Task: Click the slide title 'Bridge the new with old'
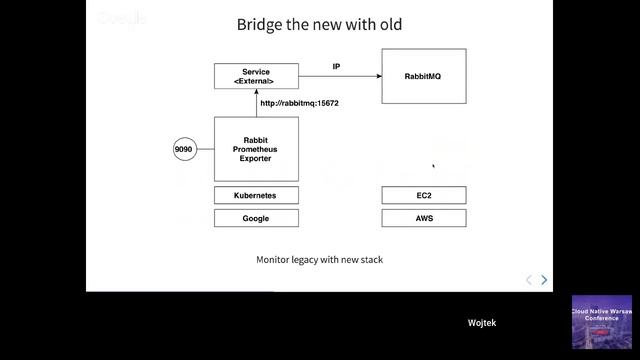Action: (x=319, y=24)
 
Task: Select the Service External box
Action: (x=256, y=76)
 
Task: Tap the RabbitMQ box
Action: (x=424, y=76)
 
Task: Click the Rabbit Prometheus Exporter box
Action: (x=256, y=149)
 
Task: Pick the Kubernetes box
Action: (x=256, y=194)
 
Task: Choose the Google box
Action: (x=256, y=217)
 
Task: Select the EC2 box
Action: (x=424, y=194)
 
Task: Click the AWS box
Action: (x=424, y=217)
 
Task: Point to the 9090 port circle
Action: (x=183, y=149)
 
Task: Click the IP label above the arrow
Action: (x=337, y=66)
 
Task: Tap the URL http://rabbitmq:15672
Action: (x=300, y=103)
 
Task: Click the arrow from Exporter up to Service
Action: (x=256, y=102)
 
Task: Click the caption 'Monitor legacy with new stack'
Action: (x=319, y=260)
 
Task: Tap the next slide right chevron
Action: (x=544, y=280)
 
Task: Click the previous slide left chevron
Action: (x=529, y=280)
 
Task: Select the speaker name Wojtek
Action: (x=482, y=323)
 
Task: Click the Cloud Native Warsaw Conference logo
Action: (x=602, y=322)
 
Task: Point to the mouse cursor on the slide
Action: (x=433, y=167)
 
